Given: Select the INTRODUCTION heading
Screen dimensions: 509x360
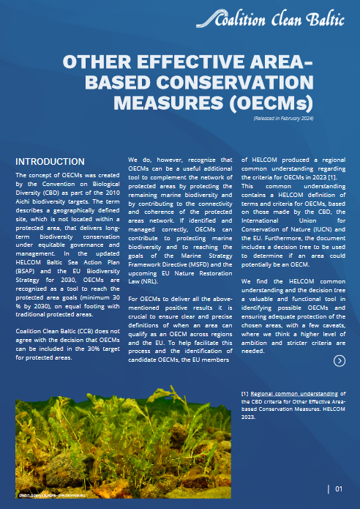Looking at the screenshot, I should tap(50, 161).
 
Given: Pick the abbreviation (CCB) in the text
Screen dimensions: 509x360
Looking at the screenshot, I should tap(83, 330).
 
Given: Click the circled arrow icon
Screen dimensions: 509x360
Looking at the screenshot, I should tap(339, 360).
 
